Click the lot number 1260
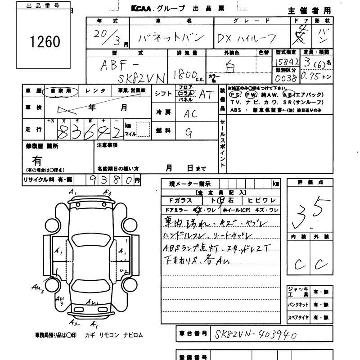(45, 42)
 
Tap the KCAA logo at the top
(143, 8)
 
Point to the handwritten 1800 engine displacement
(184, 72)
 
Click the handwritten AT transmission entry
(206, 94)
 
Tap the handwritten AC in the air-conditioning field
(190, 113)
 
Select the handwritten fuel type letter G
(189, 132)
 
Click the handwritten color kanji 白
(230, 67)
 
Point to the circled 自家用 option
(60, 91)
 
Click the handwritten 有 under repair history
(37, 159)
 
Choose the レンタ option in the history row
(95, 91)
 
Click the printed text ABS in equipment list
(235, 110)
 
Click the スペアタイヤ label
(298, 318)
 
